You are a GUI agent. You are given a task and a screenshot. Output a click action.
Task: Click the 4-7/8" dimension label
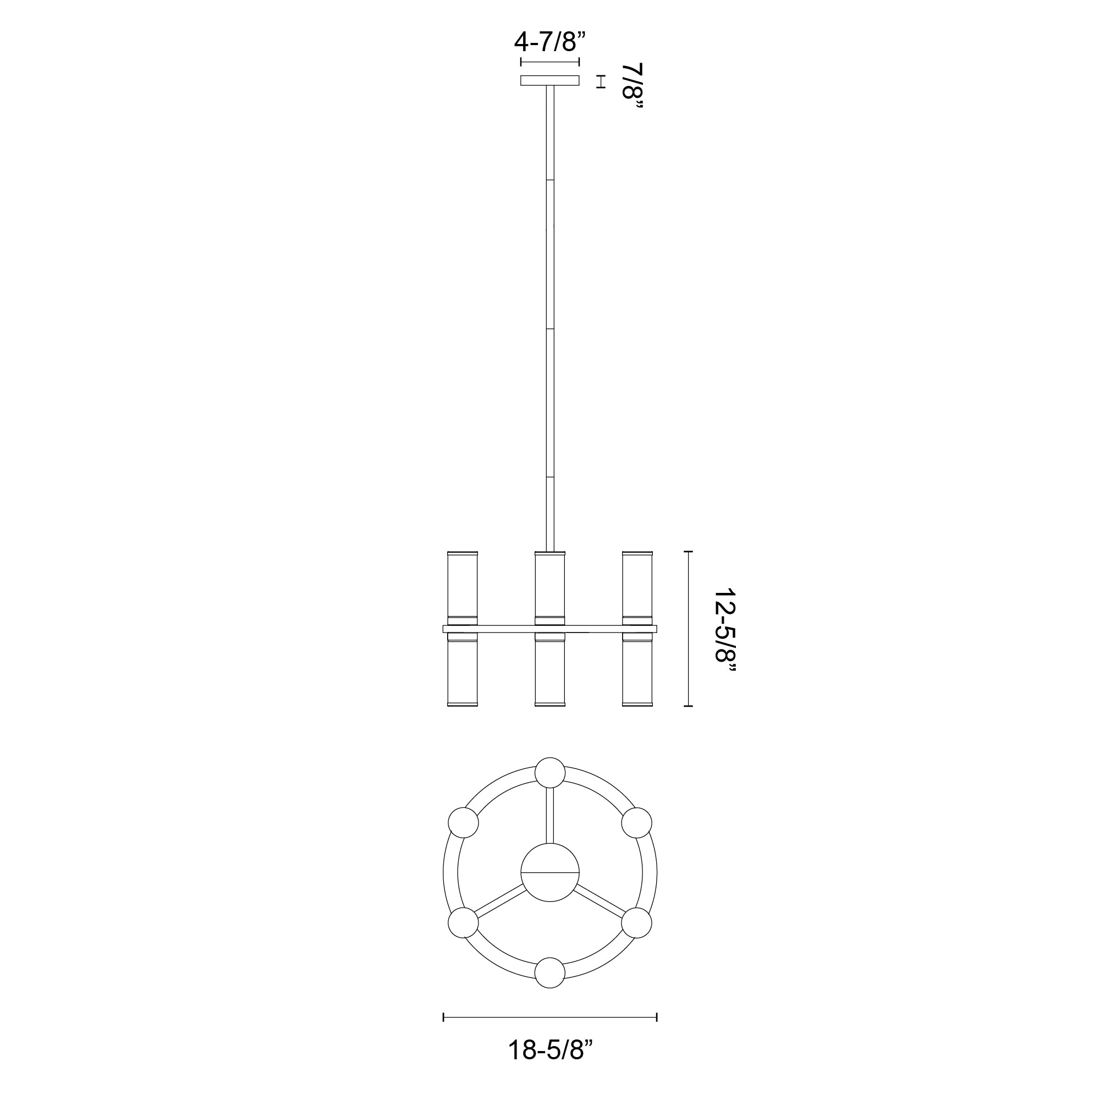point(549,42)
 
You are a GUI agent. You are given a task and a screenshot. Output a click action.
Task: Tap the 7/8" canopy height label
point(632,88)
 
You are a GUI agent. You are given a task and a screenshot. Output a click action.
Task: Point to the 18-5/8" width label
point(550,1065)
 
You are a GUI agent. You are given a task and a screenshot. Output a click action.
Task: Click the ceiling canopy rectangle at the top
point(549,81)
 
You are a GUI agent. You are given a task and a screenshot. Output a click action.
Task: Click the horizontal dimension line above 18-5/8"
point(550,1018)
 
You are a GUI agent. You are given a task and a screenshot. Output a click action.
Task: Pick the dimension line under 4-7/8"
point(549,62)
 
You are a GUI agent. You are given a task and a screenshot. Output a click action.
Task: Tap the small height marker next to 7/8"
point(599,81)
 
